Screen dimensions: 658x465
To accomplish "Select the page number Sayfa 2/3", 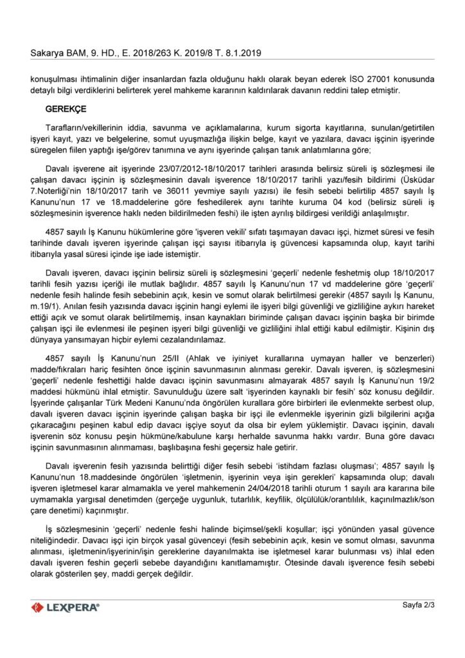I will click(x=418, y=605).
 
